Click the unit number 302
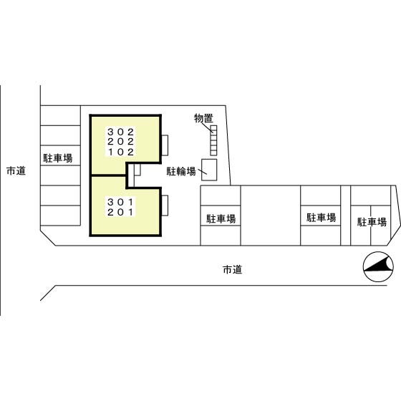(121, 132)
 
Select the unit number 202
(121, 142)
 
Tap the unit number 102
(121, 152)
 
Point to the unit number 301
(121, 202)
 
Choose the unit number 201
(121, 212)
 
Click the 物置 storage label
(203, 118)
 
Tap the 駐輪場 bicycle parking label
(181, 171)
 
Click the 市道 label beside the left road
(16, 170)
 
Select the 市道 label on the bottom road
(233, 269)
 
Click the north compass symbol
(378, 266)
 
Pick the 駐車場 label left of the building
(58, 158)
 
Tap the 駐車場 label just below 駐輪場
(221, 218)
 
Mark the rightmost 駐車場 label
(372, 222)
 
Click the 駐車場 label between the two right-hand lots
(322, 218)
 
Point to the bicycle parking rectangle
(209, 170)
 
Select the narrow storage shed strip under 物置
(213, 140)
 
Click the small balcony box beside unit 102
(165, 145)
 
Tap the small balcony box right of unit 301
(165, 206)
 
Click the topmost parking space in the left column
(61, 115)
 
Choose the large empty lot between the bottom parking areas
(271, 216)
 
